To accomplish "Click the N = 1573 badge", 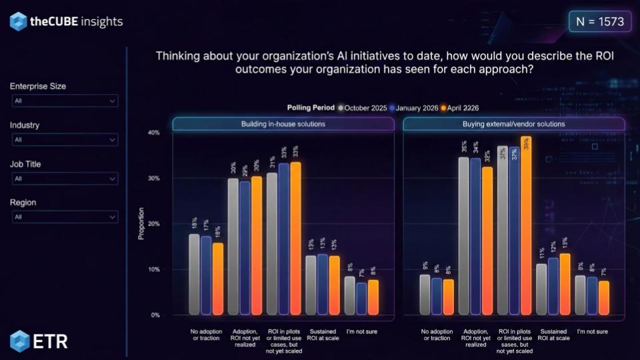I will (599, 21).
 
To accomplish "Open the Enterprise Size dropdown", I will (65, 101).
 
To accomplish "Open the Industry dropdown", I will (65, 139).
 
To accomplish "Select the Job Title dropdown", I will (65, 179).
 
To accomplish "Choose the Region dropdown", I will (65, 217).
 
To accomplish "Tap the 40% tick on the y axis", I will (153, 133).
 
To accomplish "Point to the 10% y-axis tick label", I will (153, 269).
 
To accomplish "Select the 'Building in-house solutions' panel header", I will (283, 124).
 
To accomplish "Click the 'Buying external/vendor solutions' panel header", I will (513, 124).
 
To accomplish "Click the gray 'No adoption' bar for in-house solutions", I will (194, 274).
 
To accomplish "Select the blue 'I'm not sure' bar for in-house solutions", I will (362, 298).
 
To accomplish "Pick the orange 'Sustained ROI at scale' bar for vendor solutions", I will (565, 284).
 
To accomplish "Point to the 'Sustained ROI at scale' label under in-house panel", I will (323, 334).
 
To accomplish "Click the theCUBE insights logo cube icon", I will (18, 21).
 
